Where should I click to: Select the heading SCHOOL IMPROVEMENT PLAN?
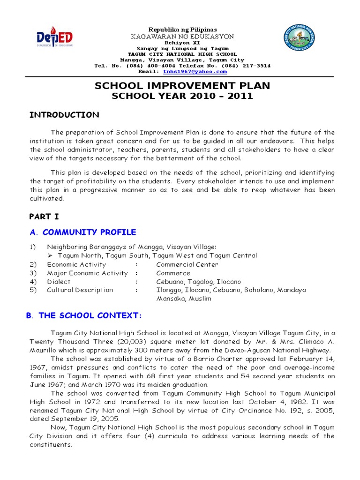[x=182, y=86]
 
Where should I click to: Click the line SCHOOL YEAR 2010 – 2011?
[x=182, y=96]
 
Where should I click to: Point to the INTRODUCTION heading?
[x=64, y=115]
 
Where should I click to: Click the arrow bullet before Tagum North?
[x=51, y=256]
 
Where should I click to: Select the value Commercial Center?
[x=187, y=264]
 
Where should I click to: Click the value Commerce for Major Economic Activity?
[x=173, y=273]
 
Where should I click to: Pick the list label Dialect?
[x=59, y=282]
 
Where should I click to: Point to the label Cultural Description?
[x=80, y=290]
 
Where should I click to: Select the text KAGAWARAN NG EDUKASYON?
[x=182, y=36]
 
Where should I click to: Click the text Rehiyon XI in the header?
[x=182, y=42]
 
